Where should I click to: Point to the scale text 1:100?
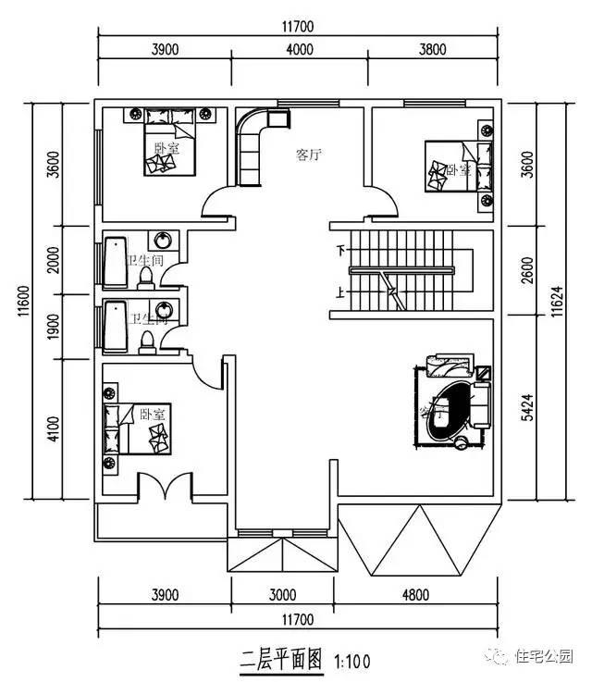(351, 662)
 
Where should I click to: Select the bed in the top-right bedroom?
(454, 166)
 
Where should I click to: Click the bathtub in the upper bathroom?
(115, 263)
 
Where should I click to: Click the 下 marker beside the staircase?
(340, 250)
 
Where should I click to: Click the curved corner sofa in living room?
(254, 143)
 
